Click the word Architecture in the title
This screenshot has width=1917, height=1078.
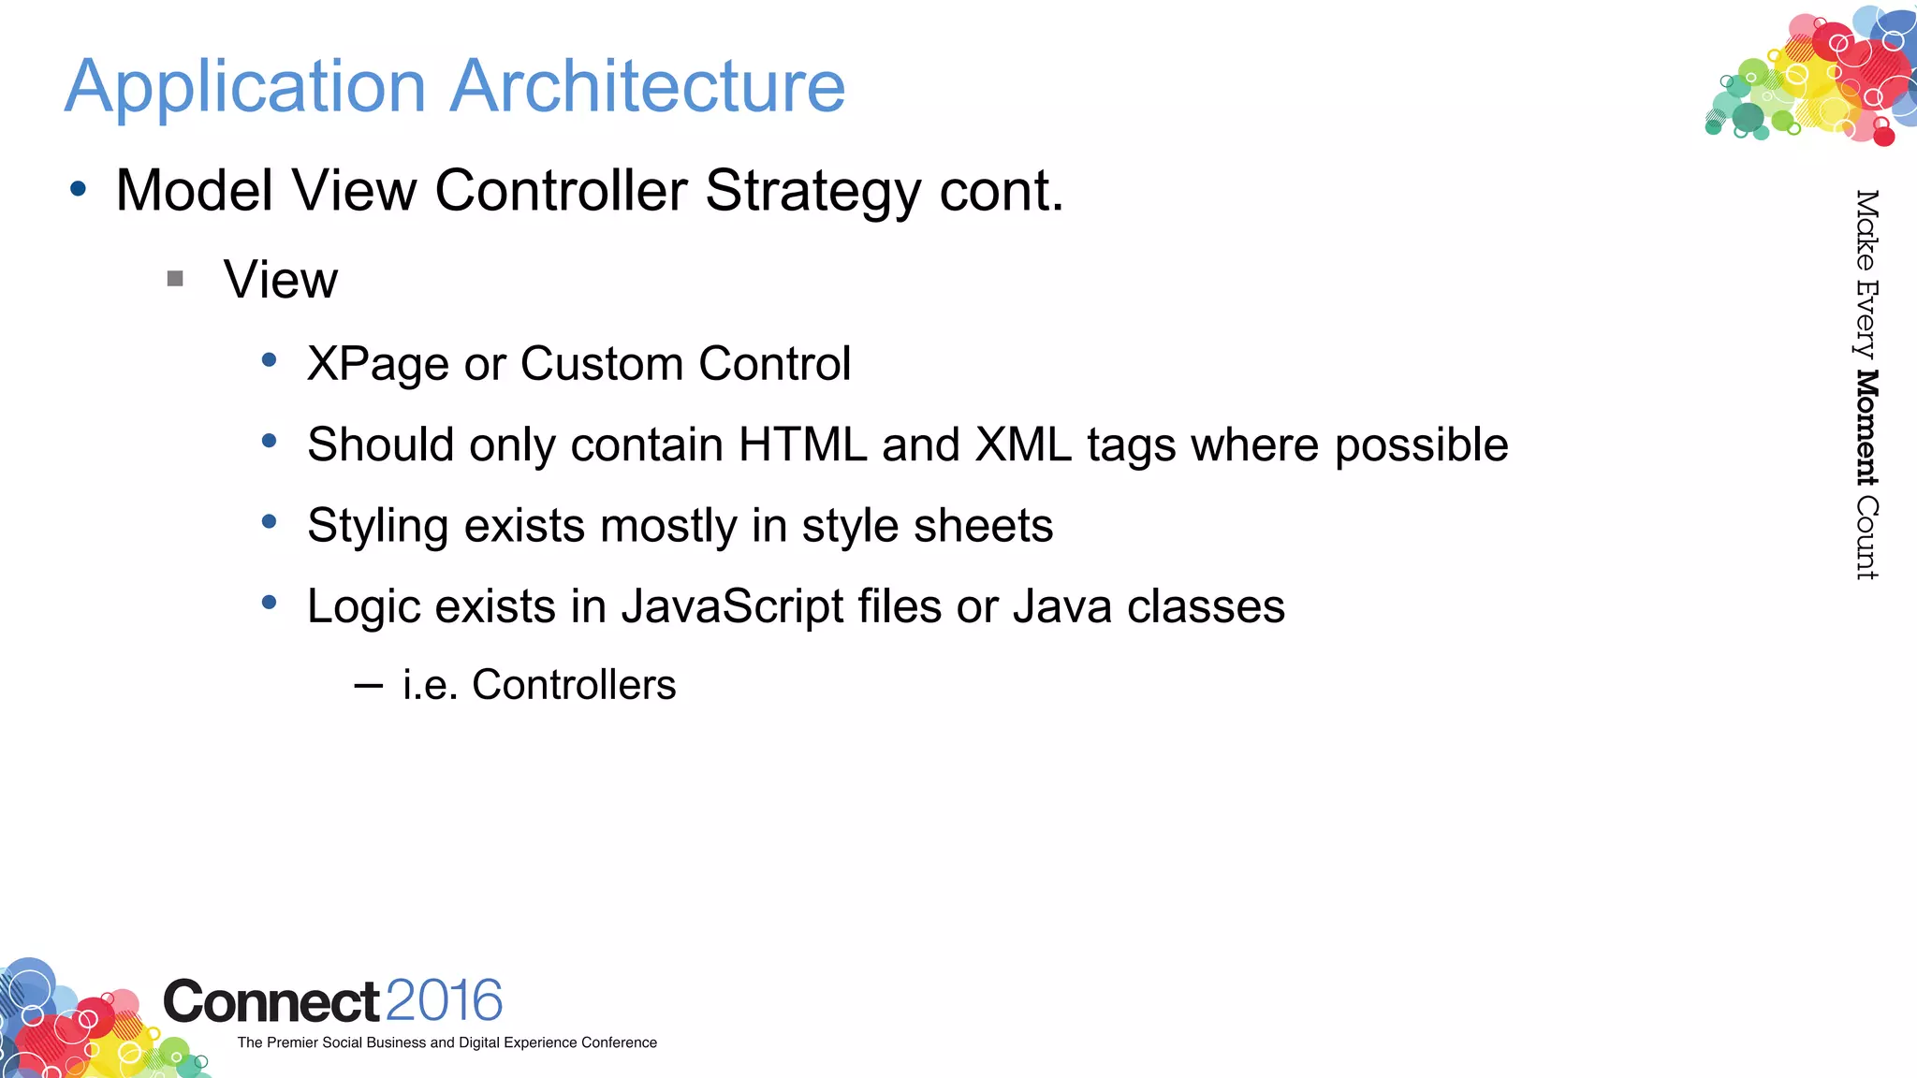[x=648, y=86]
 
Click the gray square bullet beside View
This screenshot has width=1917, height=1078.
[x=175, y=278]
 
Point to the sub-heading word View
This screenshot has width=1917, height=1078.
[x=280, y=280]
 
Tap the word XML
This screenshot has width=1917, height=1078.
[x=1022, y=444]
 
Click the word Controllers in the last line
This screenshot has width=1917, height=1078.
[x=574, y=685]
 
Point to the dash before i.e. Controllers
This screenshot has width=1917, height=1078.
[x=369, y=686]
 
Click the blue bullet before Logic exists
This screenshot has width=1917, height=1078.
[x=270, y=603]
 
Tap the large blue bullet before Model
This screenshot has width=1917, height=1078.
[x=79, y=190]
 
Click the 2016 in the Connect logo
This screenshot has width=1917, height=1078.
[x=444, y=1000]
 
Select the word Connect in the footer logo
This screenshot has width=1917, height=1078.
[x=271, y=1002]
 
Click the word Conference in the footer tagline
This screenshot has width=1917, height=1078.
[x=619, y=1042]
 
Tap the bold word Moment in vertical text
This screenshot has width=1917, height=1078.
[x=1866, y=428]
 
